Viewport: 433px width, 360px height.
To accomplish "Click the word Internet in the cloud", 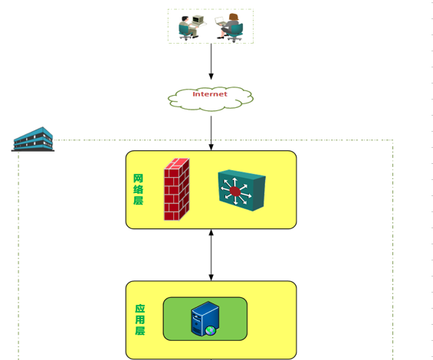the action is pyautogui.click(x=210, y=94).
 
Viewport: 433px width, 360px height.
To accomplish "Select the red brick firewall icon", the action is pyautogui.click(x=177, y=189).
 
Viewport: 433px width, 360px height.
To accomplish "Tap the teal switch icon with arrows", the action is pyautogui.click(x=241, y=191).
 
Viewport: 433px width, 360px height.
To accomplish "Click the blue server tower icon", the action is pyautogui.click(x=205, y=319).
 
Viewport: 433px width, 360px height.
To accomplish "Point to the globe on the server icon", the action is pyautogui.click(x=211, y=330).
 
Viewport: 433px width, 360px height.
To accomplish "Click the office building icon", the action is pyautogui.click(x=33, y=139).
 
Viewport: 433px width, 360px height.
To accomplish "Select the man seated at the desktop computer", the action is pyautogui.click(x=188, y=28).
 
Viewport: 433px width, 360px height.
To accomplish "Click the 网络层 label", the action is pyautogui.click(x=138, y=189).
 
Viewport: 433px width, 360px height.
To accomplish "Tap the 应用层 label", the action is pyautogui.click(x=140, y=319).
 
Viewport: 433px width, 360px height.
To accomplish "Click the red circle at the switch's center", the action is pyautogui.click(x=235, y=191).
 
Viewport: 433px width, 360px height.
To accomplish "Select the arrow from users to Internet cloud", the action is pyautogui.click(x=212, y=61).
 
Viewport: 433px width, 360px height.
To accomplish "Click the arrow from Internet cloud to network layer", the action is pyautogui.click(x=212, y=133).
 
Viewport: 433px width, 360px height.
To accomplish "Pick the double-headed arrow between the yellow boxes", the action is pyautogui.click(x=212, y=255).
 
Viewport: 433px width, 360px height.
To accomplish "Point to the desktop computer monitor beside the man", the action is pyautogui.click(x=198, y=19).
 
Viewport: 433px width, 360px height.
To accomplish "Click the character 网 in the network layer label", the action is pyautogui.click(x=138, y=178).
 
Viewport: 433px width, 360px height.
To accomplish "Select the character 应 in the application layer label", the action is pyautogui.click(x=140, y=309).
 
